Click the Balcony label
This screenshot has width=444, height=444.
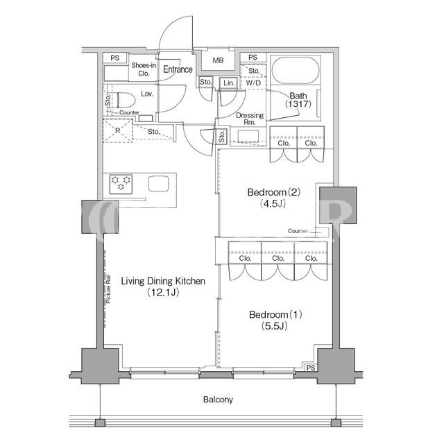click(x=218, y=400)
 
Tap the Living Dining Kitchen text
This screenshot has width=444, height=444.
click(x=163, y=281)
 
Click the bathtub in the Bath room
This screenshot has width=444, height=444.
click(x=296, y=70)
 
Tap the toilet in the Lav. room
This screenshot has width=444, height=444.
click(x=125, y=100)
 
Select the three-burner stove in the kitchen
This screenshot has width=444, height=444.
click(x=121, y=185)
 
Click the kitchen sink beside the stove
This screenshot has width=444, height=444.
click(x=159, y=184)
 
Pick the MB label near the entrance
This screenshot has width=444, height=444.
click(x=218, y=60)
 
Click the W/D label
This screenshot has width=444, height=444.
click(x=253, y=83)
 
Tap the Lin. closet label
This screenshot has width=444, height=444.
click(x=229, y=83)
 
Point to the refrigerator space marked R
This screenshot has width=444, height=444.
click(x=117, y=131)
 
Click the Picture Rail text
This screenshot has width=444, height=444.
click(x=108, y=289)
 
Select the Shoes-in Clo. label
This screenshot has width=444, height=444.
click(x=144, y=69)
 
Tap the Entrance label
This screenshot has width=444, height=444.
click(x=178, y=69)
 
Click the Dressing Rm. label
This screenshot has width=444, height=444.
click(x=250, y=119)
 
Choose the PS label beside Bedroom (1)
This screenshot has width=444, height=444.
click(x=311, y=368)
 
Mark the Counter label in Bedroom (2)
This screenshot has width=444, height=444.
click(x=298, y=231)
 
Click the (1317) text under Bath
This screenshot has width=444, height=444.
click(x=298, y=104)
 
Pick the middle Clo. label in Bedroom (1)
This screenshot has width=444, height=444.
click(x=278, y=258)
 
